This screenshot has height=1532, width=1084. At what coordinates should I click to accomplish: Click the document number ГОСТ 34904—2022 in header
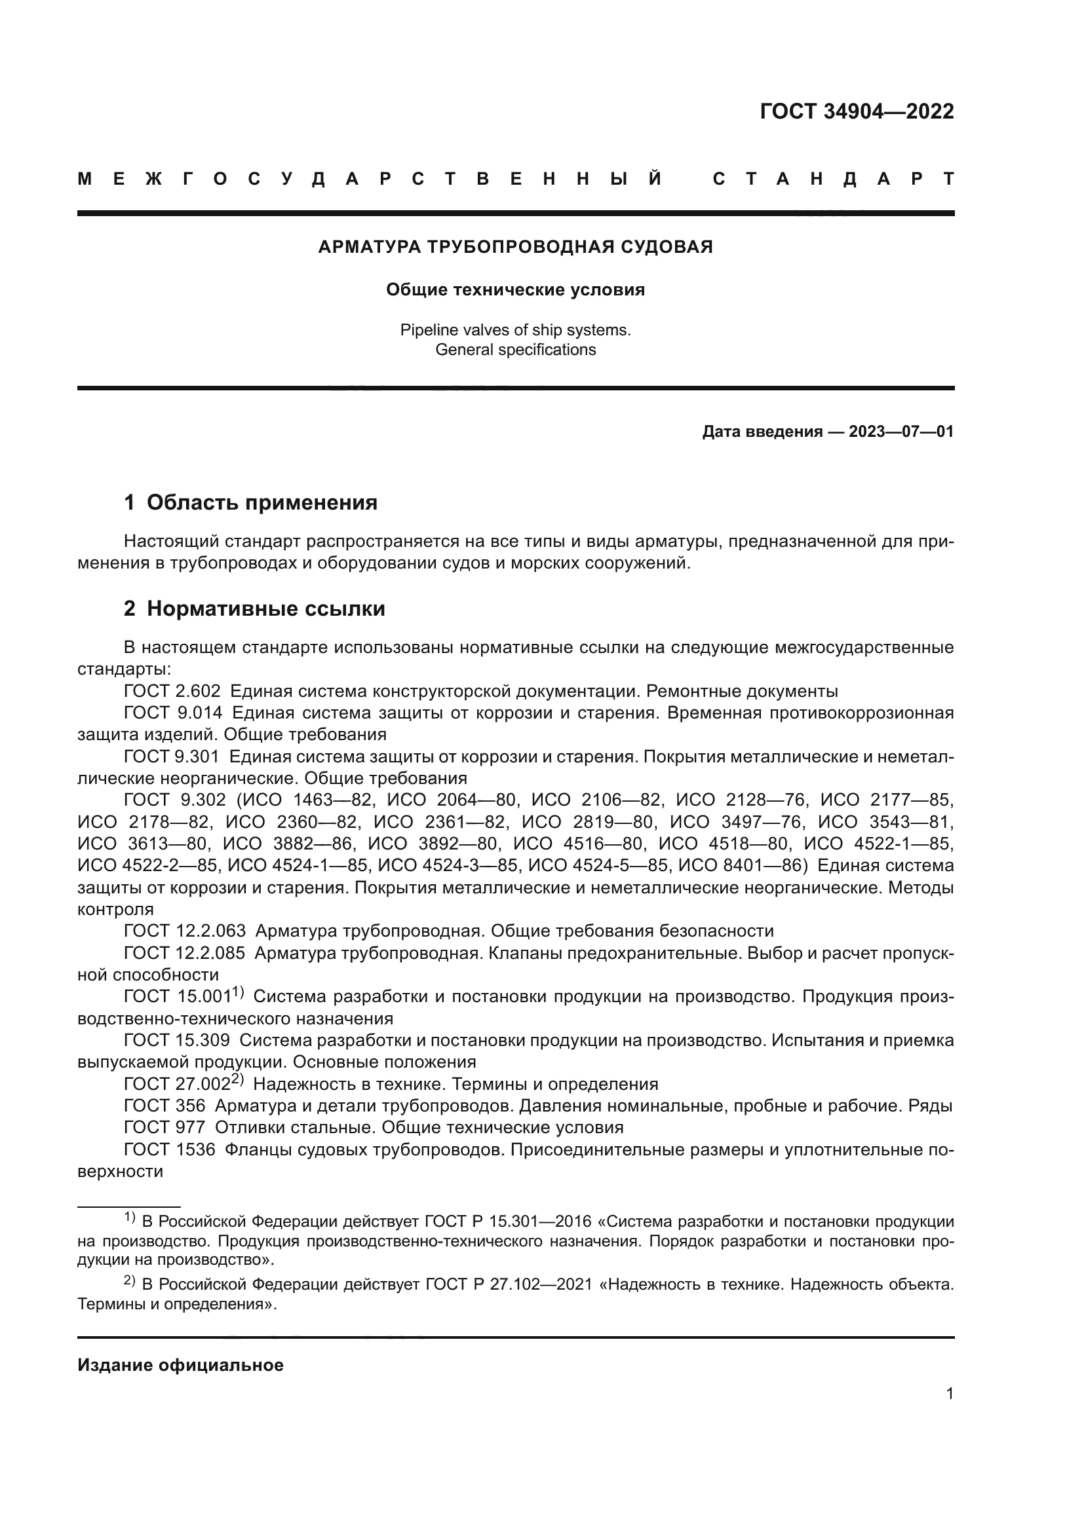[x=857, y=111]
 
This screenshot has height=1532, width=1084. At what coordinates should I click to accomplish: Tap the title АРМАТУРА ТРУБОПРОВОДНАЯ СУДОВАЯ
[x=515, y=247]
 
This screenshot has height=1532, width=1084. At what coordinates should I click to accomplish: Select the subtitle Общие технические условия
[x=515, y=290]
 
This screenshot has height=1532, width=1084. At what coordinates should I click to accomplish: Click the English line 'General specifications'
[x=515, y=350]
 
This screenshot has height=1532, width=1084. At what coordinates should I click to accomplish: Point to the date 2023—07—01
[x=901, y=432]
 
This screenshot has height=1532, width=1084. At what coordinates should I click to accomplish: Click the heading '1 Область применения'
[x=251, y=502]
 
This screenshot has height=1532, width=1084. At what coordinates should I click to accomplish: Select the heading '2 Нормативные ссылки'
[x=254, y=608]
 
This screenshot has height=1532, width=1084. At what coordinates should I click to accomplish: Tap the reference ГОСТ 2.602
[x=172, y=690]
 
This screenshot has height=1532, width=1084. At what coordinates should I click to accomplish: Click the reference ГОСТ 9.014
[x=173, y=713]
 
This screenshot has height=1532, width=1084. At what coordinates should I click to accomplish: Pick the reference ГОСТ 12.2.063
[x=184, y=931]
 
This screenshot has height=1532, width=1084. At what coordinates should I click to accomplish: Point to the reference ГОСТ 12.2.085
[x=184, y=953]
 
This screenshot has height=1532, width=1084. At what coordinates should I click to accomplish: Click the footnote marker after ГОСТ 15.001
[x=239, y=993]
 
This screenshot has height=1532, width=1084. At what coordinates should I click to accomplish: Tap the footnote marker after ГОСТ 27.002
[x=239, y=1080]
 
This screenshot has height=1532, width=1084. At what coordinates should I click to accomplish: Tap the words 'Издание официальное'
[x=180, y=1365]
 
